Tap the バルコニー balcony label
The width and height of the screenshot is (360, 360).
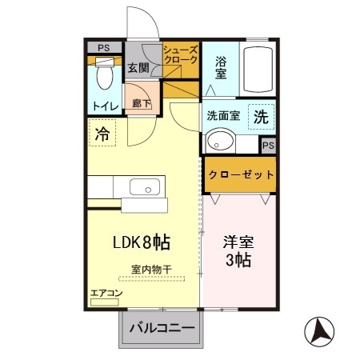(x=162, y=329)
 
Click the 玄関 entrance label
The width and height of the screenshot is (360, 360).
(x=138, y=67)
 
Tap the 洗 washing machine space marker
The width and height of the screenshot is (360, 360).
(x=262, y=116)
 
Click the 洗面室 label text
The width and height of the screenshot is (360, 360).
(x=223, y=115)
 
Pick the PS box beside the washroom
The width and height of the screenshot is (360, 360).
(x=269, y=146)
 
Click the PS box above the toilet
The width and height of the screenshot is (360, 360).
(x=102, y=47)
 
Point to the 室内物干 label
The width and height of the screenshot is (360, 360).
(x=151, y=269)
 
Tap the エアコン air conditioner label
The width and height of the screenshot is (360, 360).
(x=106, y=294)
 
